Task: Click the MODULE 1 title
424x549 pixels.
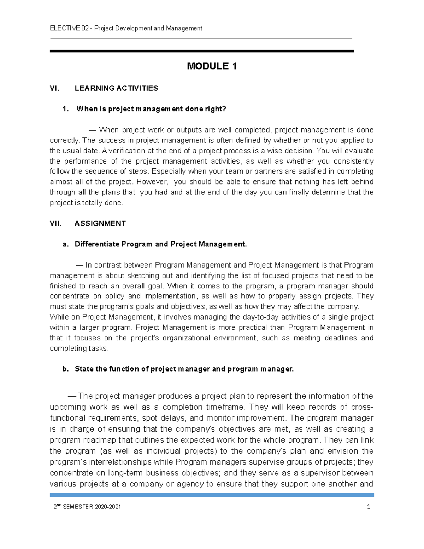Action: (x=212, y=66)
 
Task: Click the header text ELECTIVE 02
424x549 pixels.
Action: (x=69, y=28)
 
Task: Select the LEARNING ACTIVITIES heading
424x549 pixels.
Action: (x=116, y=88)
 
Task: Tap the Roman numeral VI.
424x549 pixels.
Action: (x=54, y=88)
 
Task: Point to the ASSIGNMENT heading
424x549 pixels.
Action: (x=100, y=223)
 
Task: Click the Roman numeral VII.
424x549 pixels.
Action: (x=55, y=223)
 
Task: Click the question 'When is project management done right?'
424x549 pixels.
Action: (x=151, y=109)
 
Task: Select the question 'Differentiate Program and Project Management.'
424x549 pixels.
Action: (x=160, y=244)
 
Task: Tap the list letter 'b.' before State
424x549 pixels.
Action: (x=65, y=369)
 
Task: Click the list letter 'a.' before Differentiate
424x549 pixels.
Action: (x=65, y=244)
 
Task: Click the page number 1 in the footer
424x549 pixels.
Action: (x=369, y=507)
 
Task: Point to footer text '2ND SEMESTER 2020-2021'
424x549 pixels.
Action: (x=87, y=507)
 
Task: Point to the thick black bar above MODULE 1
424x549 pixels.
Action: (x=202, y=51)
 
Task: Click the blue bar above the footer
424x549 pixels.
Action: (x=212, y=495)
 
